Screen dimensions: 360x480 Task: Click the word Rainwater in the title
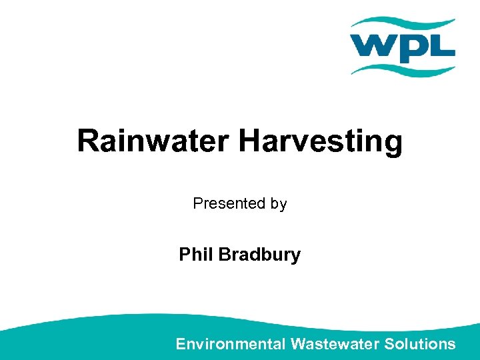click(154, 141)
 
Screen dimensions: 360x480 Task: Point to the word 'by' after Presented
click(279, 204)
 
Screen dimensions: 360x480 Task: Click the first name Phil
click(194, 255)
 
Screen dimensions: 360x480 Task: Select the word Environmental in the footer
click(231, 344)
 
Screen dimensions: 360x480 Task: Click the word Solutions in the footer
click(421, 344)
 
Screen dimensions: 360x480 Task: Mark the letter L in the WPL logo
click(443, 47)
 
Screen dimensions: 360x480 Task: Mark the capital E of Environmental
click(181, 344)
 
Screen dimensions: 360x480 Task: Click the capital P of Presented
click(197, 203)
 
